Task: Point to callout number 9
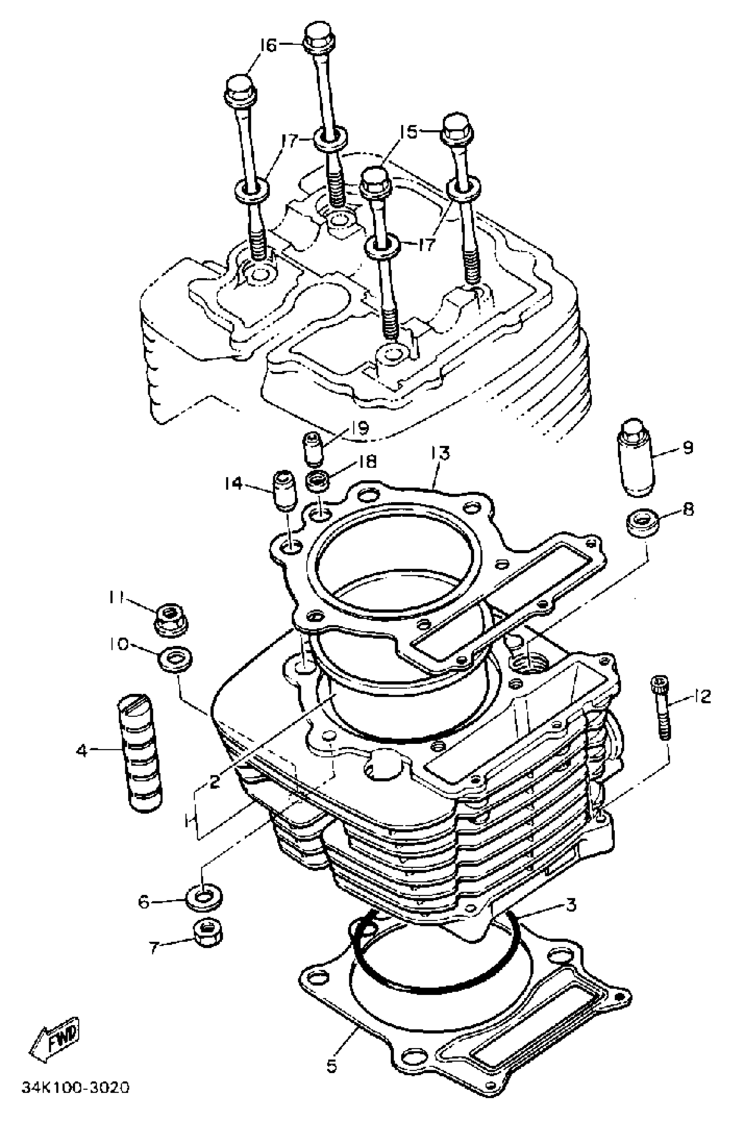688,447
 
